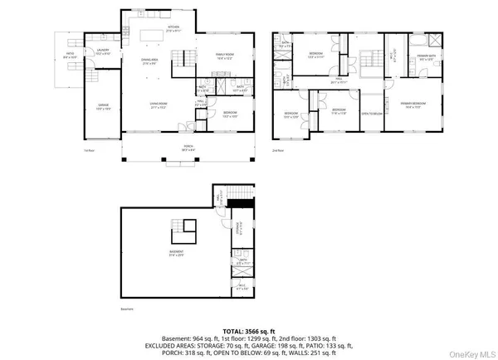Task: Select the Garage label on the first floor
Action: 102,107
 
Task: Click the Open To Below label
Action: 371,114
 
